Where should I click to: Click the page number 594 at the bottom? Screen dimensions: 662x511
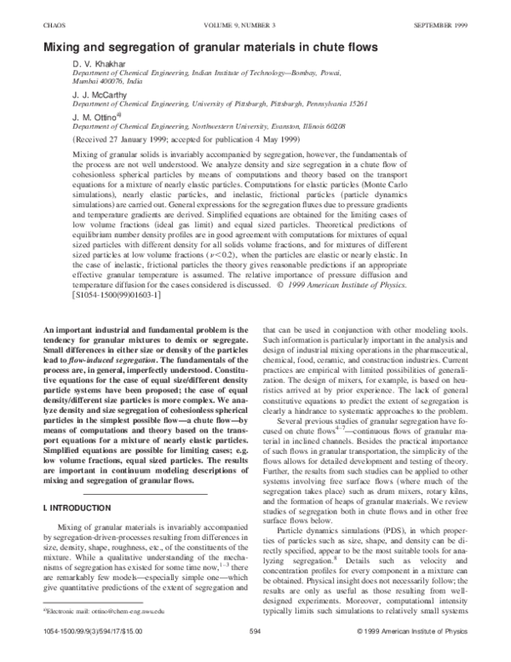pyautogui.click(x=255, y=655)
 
